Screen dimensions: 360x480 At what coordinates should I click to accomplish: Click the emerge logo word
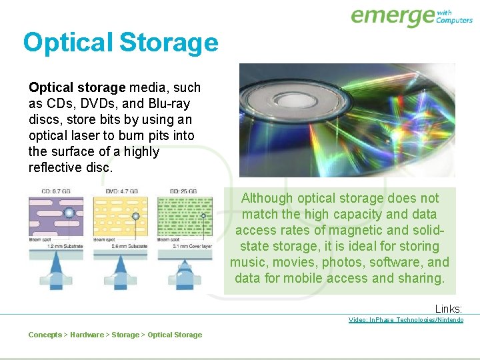tap(393, 16)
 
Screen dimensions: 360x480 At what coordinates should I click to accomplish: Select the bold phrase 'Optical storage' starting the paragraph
tap(77, 87)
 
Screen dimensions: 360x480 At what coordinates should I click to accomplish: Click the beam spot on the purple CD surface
tap(68, 214)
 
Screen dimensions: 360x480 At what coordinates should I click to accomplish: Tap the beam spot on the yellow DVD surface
tap(136, 216)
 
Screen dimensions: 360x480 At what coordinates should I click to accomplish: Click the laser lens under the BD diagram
tap(185, 270)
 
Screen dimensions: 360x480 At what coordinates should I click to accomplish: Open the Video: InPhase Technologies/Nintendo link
tap(405, 320)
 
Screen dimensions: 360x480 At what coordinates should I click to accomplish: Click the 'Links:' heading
tap(449, 309)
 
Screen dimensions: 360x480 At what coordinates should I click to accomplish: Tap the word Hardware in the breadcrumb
tap(87, 335)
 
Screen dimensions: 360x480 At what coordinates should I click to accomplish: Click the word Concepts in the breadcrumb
tap(45, 335)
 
